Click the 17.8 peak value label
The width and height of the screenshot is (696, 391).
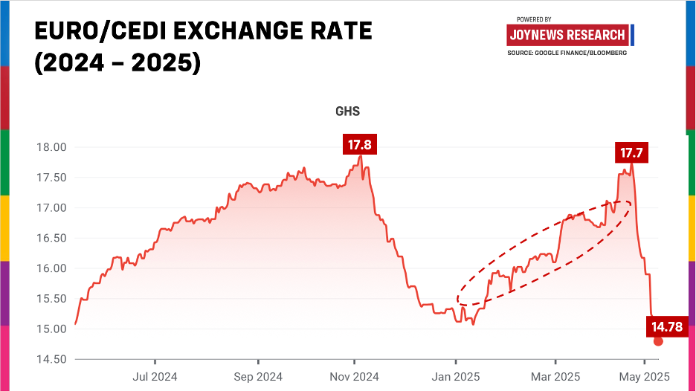(360, 144)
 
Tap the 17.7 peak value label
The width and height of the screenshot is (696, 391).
(631, 154)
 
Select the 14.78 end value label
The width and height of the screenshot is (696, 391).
(667, 325)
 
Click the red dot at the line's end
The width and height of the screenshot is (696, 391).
(658, 341)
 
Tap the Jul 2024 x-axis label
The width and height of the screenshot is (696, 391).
(155, 376)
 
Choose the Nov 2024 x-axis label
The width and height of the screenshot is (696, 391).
(355, 376)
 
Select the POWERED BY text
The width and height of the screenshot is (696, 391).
(533, 19)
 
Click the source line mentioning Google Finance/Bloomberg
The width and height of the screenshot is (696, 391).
(567, 53)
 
